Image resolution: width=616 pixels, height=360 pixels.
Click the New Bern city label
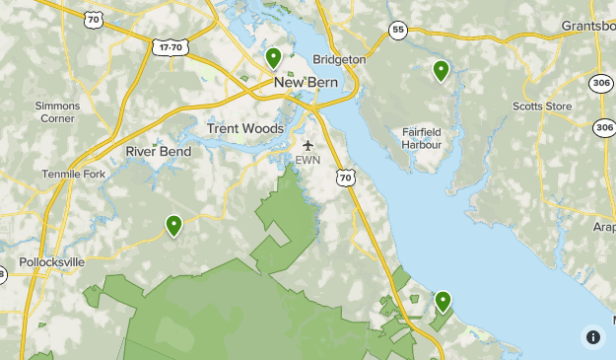tap(306, 84)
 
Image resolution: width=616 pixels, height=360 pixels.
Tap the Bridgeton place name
tap(339, 60)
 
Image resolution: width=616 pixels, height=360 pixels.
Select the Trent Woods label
tap(245, 129)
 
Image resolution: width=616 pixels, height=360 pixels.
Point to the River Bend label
tap(158, 152)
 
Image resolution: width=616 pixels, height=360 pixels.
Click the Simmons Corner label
tap(56, 111)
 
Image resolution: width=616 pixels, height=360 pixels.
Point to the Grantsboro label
tap(588, 25)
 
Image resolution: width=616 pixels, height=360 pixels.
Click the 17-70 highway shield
tap(171, 46)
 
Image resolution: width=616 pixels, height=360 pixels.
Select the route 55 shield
tap(396, 30)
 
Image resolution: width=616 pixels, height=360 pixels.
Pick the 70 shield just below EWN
tap(344, 178)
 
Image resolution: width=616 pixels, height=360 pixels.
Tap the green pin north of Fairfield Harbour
tap(441, 70)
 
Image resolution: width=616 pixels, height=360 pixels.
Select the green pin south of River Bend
tap(173, 226)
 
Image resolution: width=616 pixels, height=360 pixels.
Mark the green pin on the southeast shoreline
tap(443, 301)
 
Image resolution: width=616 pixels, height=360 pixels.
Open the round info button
tap(592, 336)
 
